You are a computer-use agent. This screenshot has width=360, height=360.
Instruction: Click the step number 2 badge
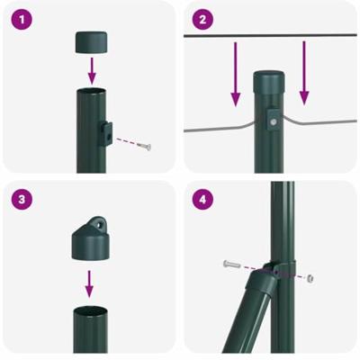(202, 19)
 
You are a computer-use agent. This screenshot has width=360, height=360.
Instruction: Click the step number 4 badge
(202, 199)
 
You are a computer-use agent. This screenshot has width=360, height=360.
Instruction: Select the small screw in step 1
(146, 145)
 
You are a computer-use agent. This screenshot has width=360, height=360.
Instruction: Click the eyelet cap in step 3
(90, 238)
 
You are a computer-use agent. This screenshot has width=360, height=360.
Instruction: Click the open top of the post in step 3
(90, 310)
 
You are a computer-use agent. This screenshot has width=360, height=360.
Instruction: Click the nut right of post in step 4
(310, 277)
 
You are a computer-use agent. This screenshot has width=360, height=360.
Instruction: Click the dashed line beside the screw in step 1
(128, 141)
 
